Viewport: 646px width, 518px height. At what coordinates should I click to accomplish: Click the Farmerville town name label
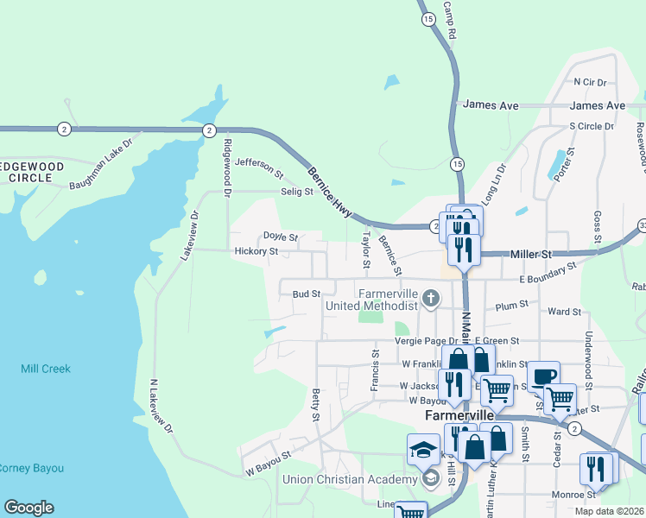pyautogui.click(x=459, y=415)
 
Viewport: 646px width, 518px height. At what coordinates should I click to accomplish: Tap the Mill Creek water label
pyautogui.click(x=45, y=369)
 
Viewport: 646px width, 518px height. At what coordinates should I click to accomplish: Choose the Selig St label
pyautogui.click(x=295, y=192)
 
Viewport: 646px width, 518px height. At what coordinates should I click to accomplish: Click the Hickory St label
pyautogui.click(x=256, y=252)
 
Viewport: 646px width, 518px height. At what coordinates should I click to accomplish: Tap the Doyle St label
pyautogui.click(x=280, y=237)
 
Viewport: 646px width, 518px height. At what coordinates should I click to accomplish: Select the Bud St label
pyautogui.click(x=307, y=294)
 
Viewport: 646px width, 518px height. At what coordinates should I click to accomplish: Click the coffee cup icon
pyautogui.click(x=543, y=376)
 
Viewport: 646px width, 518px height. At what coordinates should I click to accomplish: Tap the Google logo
pyautogui.click(x=28, y=508)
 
